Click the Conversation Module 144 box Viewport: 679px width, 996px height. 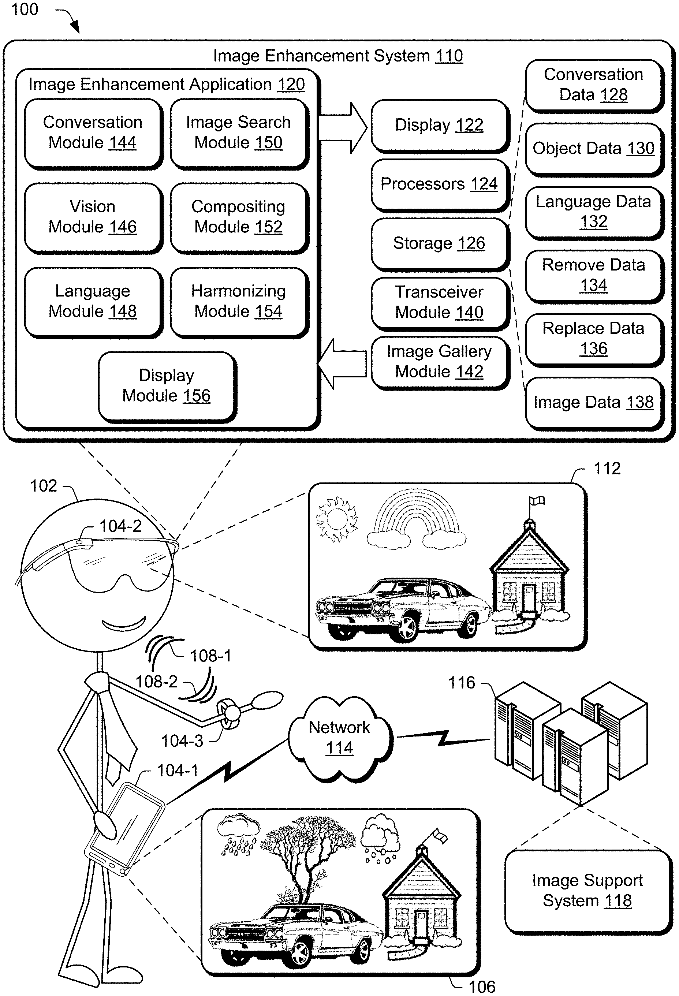tap(93, 133)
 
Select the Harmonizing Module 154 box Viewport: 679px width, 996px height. tap(238, 301)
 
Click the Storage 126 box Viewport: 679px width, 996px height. tap(439, 243)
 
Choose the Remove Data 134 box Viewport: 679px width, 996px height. tap(593, 275)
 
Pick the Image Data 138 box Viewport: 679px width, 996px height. tap(593, 402)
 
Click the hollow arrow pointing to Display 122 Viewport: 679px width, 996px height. tap(343, 128)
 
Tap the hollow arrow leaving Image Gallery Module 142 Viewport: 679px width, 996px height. tap(343, 364)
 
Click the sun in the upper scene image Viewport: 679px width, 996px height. tap(337, 519)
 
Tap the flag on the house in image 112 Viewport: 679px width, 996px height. tap(537, 501)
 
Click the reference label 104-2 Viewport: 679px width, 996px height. tap(120, 526)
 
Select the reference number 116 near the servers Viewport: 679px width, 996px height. tap(462, 683)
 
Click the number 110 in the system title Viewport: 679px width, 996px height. tap(449, 56)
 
